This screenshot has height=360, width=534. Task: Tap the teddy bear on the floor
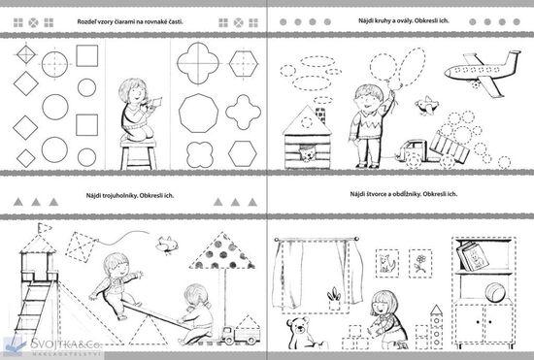pos(300,333)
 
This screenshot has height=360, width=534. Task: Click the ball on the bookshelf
pos(495,293)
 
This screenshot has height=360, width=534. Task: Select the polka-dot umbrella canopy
pos(222,251)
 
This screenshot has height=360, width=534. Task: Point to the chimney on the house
pos(320,115)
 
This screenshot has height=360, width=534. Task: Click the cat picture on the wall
pos(387,263)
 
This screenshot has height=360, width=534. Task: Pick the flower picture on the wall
pos(420,263)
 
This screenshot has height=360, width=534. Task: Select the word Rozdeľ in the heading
pos(86,21)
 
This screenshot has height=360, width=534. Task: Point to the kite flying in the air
pos(82,246)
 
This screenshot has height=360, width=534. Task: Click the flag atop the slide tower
pos(45,228)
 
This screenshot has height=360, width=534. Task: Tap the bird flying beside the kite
pos(167,244)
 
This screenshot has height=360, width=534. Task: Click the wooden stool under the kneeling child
pos(138,153)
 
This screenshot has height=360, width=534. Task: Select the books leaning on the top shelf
pos(471,256)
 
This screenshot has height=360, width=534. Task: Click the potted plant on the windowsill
pos(334,298)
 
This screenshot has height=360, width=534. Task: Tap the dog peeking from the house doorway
pos(307,152)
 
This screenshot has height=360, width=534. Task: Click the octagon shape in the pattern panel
pos(198,114)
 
